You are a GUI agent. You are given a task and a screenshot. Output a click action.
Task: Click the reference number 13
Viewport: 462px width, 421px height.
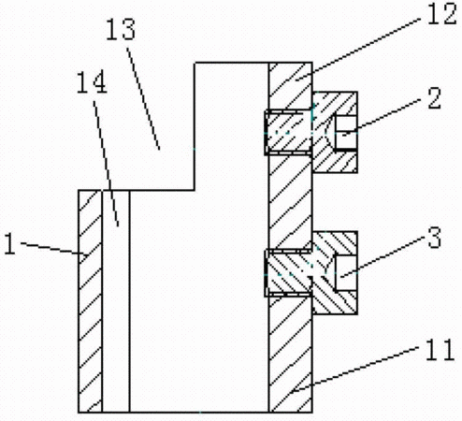click(121, 29)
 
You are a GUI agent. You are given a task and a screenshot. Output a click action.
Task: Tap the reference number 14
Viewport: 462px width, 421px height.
click(93, 82)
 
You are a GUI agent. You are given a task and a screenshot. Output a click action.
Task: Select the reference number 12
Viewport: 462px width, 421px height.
click(442, 13)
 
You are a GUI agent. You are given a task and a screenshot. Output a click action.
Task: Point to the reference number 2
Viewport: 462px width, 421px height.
click(435, 98)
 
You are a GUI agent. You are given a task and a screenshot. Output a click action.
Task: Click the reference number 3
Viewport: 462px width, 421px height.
click(435, 237)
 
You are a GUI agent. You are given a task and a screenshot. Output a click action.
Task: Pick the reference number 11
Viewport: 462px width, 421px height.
click(440, 349)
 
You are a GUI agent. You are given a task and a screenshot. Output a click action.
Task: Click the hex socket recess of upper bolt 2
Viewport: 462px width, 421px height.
click(345, 132)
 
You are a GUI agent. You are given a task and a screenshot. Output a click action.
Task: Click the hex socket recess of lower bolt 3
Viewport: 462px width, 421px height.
click(345, 272)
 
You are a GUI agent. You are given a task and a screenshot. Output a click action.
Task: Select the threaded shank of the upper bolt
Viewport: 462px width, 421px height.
click(288, 132)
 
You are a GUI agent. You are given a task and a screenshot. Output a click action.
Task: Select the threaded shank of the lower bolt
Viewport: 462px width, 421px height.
click(288, 272)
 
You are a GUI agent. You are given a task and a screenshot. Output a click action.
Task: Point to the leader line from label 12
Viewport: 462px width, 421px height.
click(358, 50)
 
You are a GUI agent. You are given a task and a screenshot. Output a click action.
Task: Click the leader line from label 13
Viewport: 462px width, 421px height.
click(143, 98)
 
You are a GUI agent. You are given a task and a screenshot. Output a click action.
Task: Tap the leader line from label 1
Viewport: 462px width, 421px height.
click(53, 249)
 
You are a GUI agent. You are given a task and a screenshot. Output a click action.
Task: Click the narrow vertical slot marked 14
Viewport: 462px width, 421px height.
click(116, 301)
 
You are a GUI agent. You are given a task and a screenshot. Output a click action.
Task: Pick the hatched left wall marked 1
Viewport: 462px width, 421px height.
click(90, 301)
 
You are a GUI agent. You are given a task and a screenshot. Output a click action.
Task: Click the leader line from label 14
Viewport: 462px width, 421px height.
click(107, 164)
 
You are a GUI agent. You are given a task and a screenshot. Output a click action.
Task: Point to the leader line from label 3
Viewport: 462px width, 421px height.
click(382, 258)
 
